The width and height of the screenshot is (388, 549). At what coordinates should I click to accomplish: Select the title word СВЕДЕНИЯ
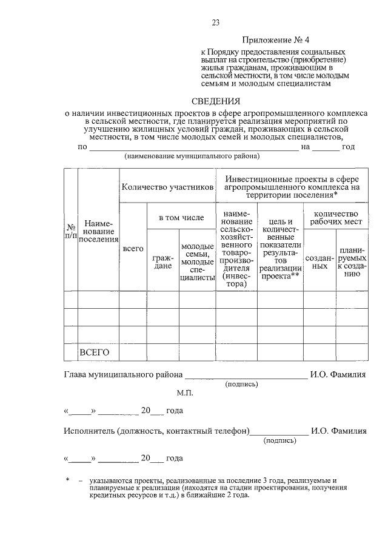216,101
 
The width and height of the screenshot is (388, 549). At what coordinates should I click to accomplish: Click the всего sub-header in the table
133,249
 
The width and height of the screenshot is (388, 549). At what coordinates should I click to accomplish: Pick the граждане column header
162,262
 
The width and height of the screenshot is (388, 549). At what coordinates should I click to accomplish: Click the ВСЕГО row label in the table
94,352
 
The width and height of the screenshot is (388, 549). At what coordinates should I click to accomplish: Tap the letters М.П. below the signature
184,393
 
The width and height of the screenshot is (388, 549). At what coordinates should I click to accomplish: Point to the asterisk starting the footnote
68,480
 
